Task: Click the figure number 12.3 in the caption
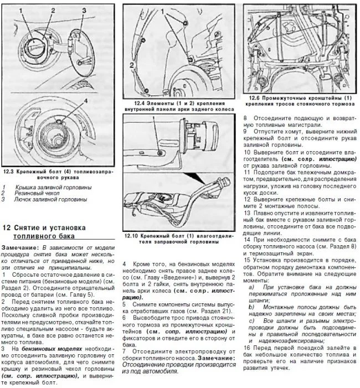(9, 172)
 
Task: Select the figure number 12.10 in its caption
(132, 236)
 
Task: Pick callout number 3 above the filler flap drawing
(84, 10)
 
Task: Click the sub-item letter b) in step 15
(251, 306)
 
